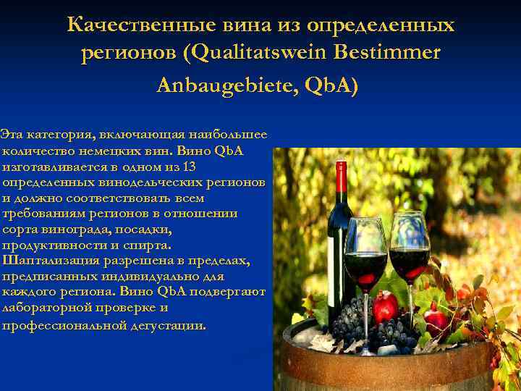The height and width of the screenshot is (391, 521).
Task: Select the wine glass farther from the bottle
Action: pos(410,250)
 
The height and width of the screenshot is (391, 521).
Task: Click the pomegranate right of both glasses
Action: pos(437,319)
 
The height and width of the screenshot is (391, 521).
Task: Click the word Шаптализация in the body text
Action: pos(48,260)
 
